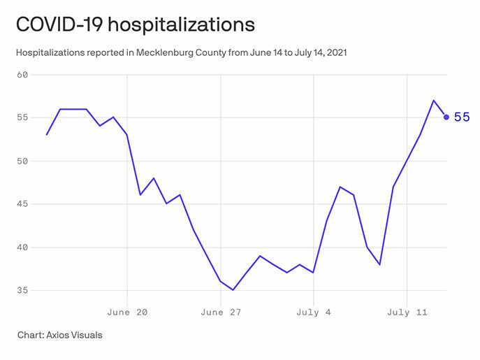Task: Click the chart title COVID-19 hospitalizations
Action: (135, 24)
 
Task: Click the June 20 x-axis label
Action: (128, 312)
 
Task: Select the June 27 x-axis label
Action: (220, 312)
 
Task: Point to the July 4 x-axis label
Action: (313, 312)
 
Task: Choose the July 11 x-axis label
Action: (407, 312)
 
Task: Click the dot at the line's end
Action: (446, 117)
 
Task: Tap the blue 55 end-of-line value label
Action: (462, 117)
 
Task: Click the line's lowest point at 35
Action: (233, 290)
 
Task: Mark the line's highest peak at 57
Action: (433, 100)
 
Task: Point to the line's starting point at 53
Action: (47, 134)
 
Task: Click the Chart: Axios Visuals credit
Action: (60, 335)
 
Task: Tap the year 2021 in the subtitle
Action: (335, 52)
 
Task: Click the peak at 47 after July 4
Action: (340, 187)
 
